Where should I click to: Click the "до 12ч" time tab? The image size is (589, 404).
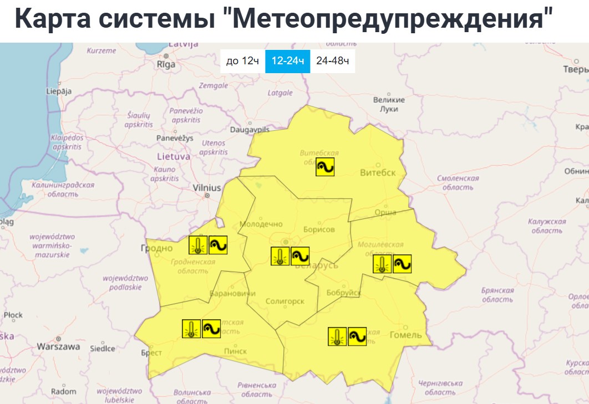[x=242, y=61]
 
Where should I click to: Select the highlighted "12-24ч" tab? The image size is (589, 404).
[x=287, y=61]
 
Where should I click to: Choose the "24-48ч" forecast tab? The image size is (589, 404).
[x=332, y=61]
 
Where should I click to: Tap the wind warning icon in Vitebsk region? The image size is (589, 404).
[x=325, y=167]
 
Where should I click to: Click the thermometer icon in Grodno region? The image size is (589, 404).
[x=197, y=245]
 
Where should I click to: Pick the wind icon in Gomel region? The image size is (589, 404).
[x=357, y=336]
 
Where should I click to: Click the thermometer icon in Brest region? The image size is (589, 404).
[x=191, y=329]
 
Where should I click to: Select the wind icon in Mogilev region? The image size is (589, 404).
[x=402, y=264]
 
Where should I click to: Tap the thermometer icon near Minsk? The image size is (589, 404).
[x=280, y=256]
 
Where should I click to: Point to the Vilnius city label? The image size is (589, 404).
[x=207, y=188]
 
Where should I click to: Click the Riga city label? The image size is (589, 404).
[x=166, y=64]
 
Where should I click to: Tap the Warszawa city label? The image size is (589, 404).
[x=58, y=346]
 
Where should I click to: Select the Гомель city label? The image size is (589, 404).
[x=406, y=335]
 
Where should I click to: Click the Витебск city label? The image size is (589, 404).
[x=378, y=172]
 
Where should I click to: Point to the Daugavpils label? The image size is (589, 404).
[x=249, y=129]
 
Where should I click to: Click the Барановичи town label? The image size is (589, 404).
[x=232, y=293]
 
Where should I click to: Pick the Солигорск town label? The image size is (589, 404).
[x=285, y=301]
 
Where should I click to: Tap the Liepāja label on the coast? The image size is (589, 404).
[x=59, y=91]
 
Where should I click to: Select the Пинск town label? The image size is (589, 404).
[x=235, y=351]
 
